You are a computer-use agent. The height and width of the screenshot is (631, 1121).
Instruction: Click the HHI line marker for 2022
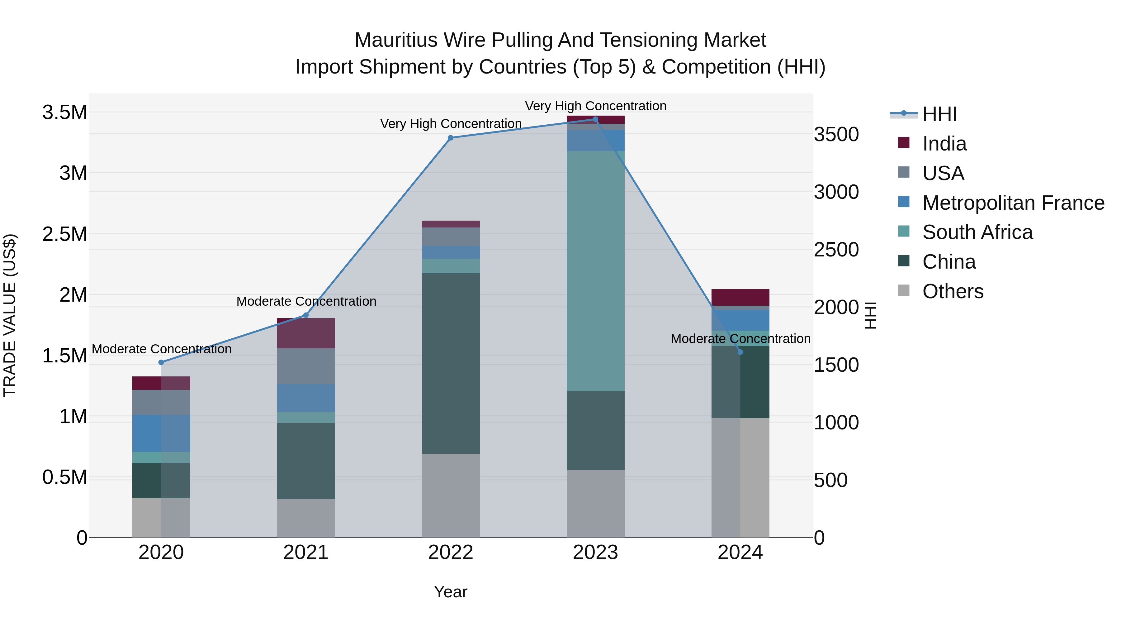coord(450,138)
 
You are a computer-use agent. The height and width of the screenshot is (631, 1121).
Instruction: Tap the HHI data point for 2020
coord(161,362)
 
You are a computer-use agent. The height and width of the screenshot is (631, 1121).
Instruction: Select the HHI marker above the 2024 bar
coord(740,352)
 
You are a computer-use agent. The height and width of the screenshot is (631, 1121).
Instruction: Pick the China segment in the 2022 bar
coord(450,363)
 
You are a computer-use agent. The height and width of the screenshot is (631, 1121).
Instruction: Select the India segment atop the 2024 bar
coord(740,298)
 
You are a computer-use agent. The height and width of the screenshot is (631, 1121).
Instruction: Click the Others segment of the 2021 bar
coord(306,518)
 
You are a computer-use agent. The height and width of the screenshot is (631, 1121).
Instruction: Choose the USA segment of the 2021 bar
coord(306,366)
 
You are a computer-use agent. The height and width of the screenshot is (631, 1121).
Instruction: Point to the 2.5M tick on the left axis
coord(64,234)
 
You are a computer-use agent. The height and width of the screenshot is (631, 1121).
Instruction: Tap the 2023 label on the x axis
coord(595,552)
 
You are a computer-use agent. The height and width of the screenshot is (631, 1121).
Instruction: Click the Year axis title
coord(450,592)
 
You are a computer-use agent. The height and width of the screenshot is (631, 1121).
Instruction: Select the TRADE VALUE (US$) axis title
coord(10,315)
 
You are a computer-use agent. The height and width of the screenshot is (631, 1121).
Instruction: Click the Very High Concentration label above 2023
coord(595,106)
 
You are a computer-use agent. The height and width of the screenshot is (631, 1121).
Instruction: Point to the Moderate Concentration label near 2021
coord(306,301)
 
